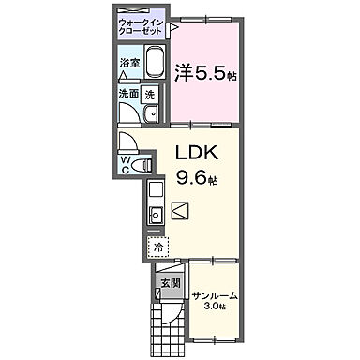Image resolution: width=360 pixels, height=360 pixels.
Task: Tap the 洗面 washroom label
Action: (127, 94)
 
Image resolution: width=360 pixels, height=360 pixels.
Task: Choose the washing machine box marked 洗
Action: (149, 94)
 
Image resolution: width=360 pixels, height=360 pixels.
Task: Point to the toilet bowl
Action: (140, 165)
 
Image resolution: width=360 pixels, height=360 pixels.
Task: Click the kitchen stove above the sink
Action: (156, 191)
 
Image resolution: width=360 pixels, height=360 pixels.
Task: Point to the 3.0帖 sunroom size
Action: (215, 307)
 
